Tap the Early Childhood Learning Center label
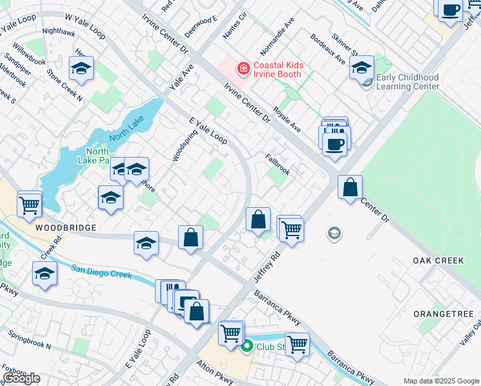click(408, 82)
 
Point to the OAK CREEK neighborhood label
click(434, 261)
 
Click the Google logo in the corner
click(21, 378)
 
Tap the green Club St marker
click(246, 349)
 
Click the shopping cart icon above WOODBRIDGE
click(29, 205)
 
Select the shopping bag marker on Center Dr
click(350, 188)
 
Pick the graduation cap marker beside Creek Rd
click(44, 274)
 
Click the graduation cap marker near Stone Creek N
click(82, 69)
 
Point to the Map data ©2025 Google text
click(441, 381)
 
